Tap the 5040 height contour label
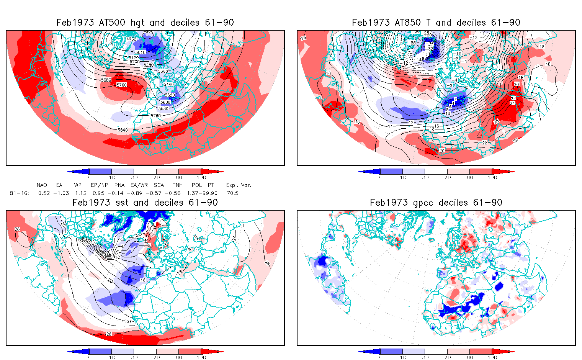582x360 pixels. click(141, 52)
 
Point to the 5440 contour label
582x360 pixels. click(168, 85)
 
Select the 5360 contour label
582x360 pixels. click(163, 71)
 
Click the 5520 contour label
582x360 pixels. click(170, 95)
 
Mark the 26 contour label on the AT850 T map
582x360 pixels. click(497, 122)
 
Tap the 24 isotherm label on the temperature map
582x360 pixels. click(513, 103)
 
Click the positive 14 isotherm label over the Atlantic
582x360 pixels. click(390, 126)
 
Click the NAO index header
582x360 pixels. click(42, 185)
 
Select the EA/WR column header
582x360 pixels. click(141, 185)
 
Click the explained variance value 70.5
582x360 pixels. click(232, 193)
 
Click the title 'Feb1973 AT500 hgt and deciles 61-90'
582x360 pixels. click(145, 23)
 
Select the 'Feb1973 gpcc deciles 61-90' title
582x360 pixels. click(436, 203)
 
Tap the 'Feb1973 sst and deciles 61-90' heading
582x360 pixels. click(145, 203)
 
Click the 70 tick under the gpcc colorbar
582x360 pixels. click(448, 357)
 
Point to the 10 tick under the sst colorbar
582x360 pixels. click(112, 357)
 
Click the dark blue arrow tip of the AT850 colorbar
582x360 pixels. click(362, 172)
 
